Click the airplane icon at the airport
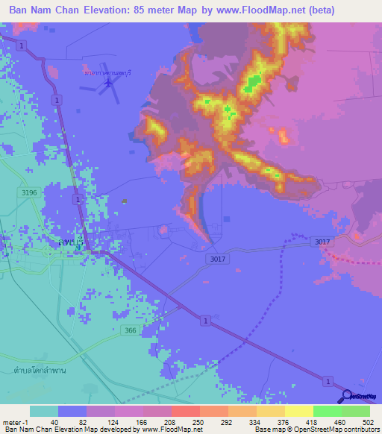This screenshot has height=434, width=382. (x=110, y=81)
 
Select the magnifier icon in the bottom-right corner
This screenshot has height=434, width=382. (x=348, y=396)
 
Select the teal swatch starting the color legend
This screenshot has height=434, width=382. (x=44, y=411)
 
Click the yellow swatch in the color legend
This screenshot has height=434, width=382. (x=298, y=411)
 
